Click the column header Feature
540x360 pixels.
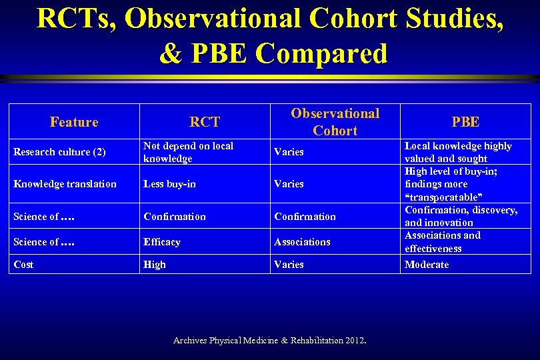click(x=74, y=122)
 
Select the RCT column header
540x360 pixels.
click(x=205, y=122)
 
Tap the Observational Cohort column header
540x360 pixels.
click(x=335, y=122)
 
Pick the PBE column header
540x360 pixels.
click(x=465, y=122)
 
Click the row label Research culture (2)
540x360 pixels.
click(x=60, y=152)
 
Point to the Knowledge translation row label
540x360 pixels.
click(x=65, y=184)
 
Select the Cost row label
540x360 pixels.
click(x=23, y=265)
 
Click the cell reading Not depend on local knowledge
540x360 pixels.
click(x=188, y=152)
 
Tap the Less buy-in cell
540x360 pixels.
click(x=169, y=184)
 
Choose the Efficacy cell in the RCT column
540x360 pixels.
click(x=162, y=242)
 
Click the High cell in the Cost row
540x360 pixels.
click(x=155, y=265)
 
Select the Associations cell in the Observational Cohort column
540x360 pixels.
click(x=302, y=242)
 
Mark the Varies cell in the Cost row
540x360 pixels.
click(x=289, y=265)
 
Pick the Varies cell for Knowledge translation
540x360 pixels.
click(x=289, y=184)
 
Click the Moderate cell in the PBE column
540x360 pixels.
click(x=427, y=265)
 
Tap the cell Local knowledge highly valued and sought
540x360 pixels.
click(x=458, y=152)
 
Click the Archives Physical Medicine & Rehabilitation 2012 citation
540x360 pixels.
click(x=269, y=341)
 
